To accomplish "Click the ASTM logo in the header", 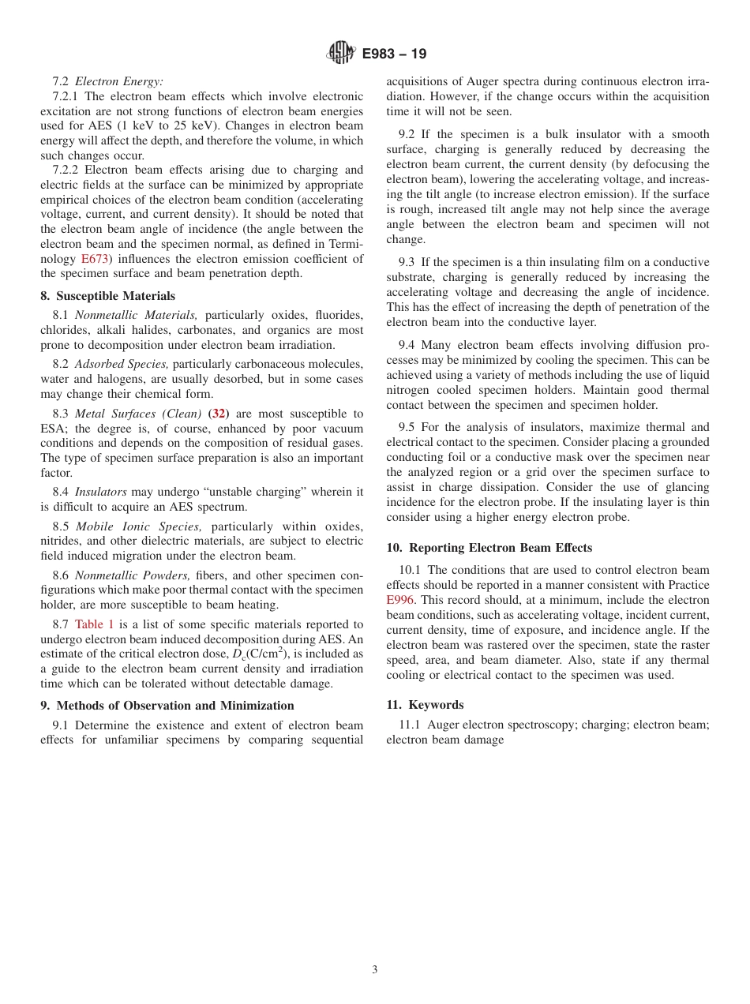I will click(x=341, y=54).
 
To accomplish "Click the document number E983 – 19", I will click(x=394, y=54).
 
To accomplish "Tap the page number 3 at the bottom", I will click(x=375, y=970).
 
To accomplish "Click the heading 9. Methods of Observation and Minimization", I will click(x=167, y=706).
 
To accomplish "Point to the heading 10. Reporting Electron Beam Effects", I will click(x=489, y=548).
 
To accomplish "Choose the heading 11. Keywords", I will click(x=425, y=705).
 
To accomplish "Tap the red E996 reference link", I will click(x=400, y=600).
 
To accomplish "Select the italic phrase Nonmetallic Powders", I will click(x=133, y=575).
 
